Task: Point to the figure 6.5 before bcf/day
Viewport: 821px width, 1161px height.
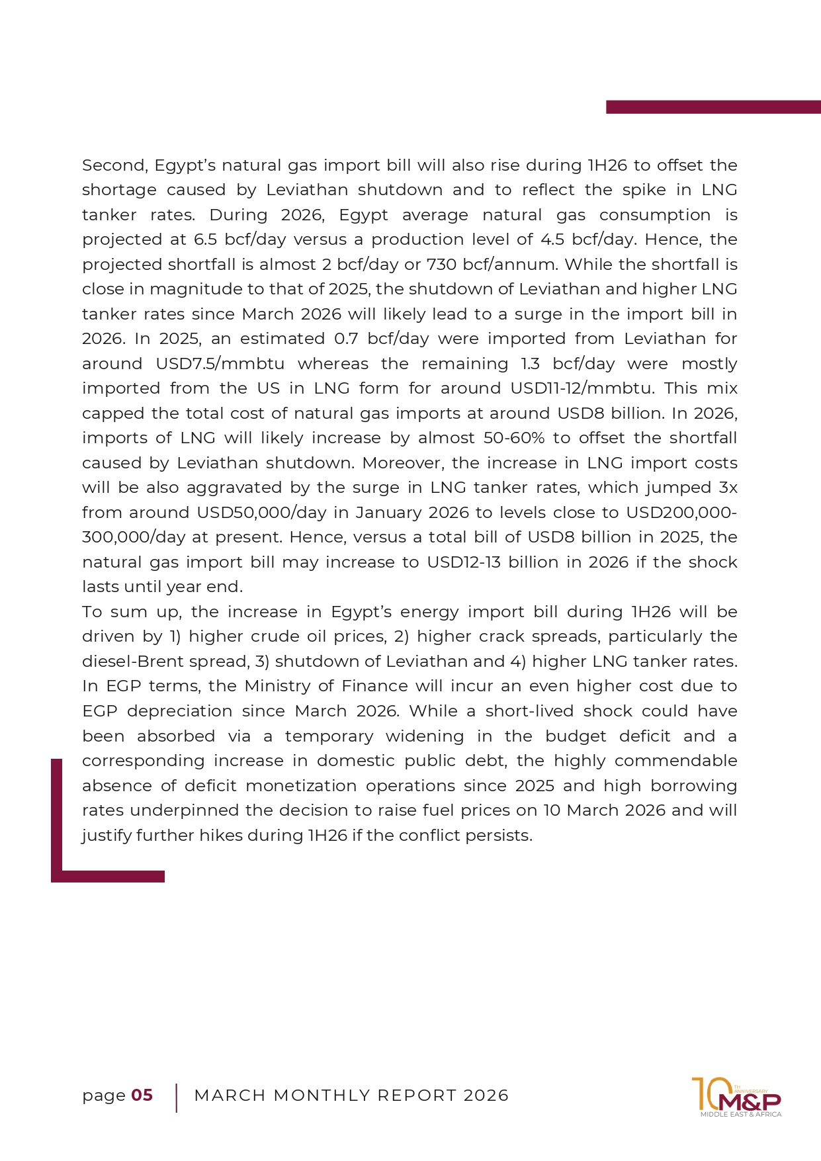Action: pyautogui.click(x=205, y=239)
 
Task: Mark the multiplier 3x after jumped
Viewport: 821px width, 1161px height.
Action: pyautogui.click(x=728, y=488)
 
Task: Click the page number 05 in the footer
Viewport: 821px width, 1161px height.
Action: pyautogui.click(x=142, y=1096)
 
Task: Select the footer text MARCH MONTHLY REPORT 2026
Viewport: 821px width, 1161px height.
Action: pyautogui.click(x=351, y=1096)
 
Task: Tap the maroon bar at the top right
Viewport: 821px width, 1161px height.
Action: pyautogui.click(x=713, y=107)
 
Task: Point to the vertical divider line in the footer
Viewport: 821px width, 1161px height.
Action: pyautogui.click(x=177, y=1097)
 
